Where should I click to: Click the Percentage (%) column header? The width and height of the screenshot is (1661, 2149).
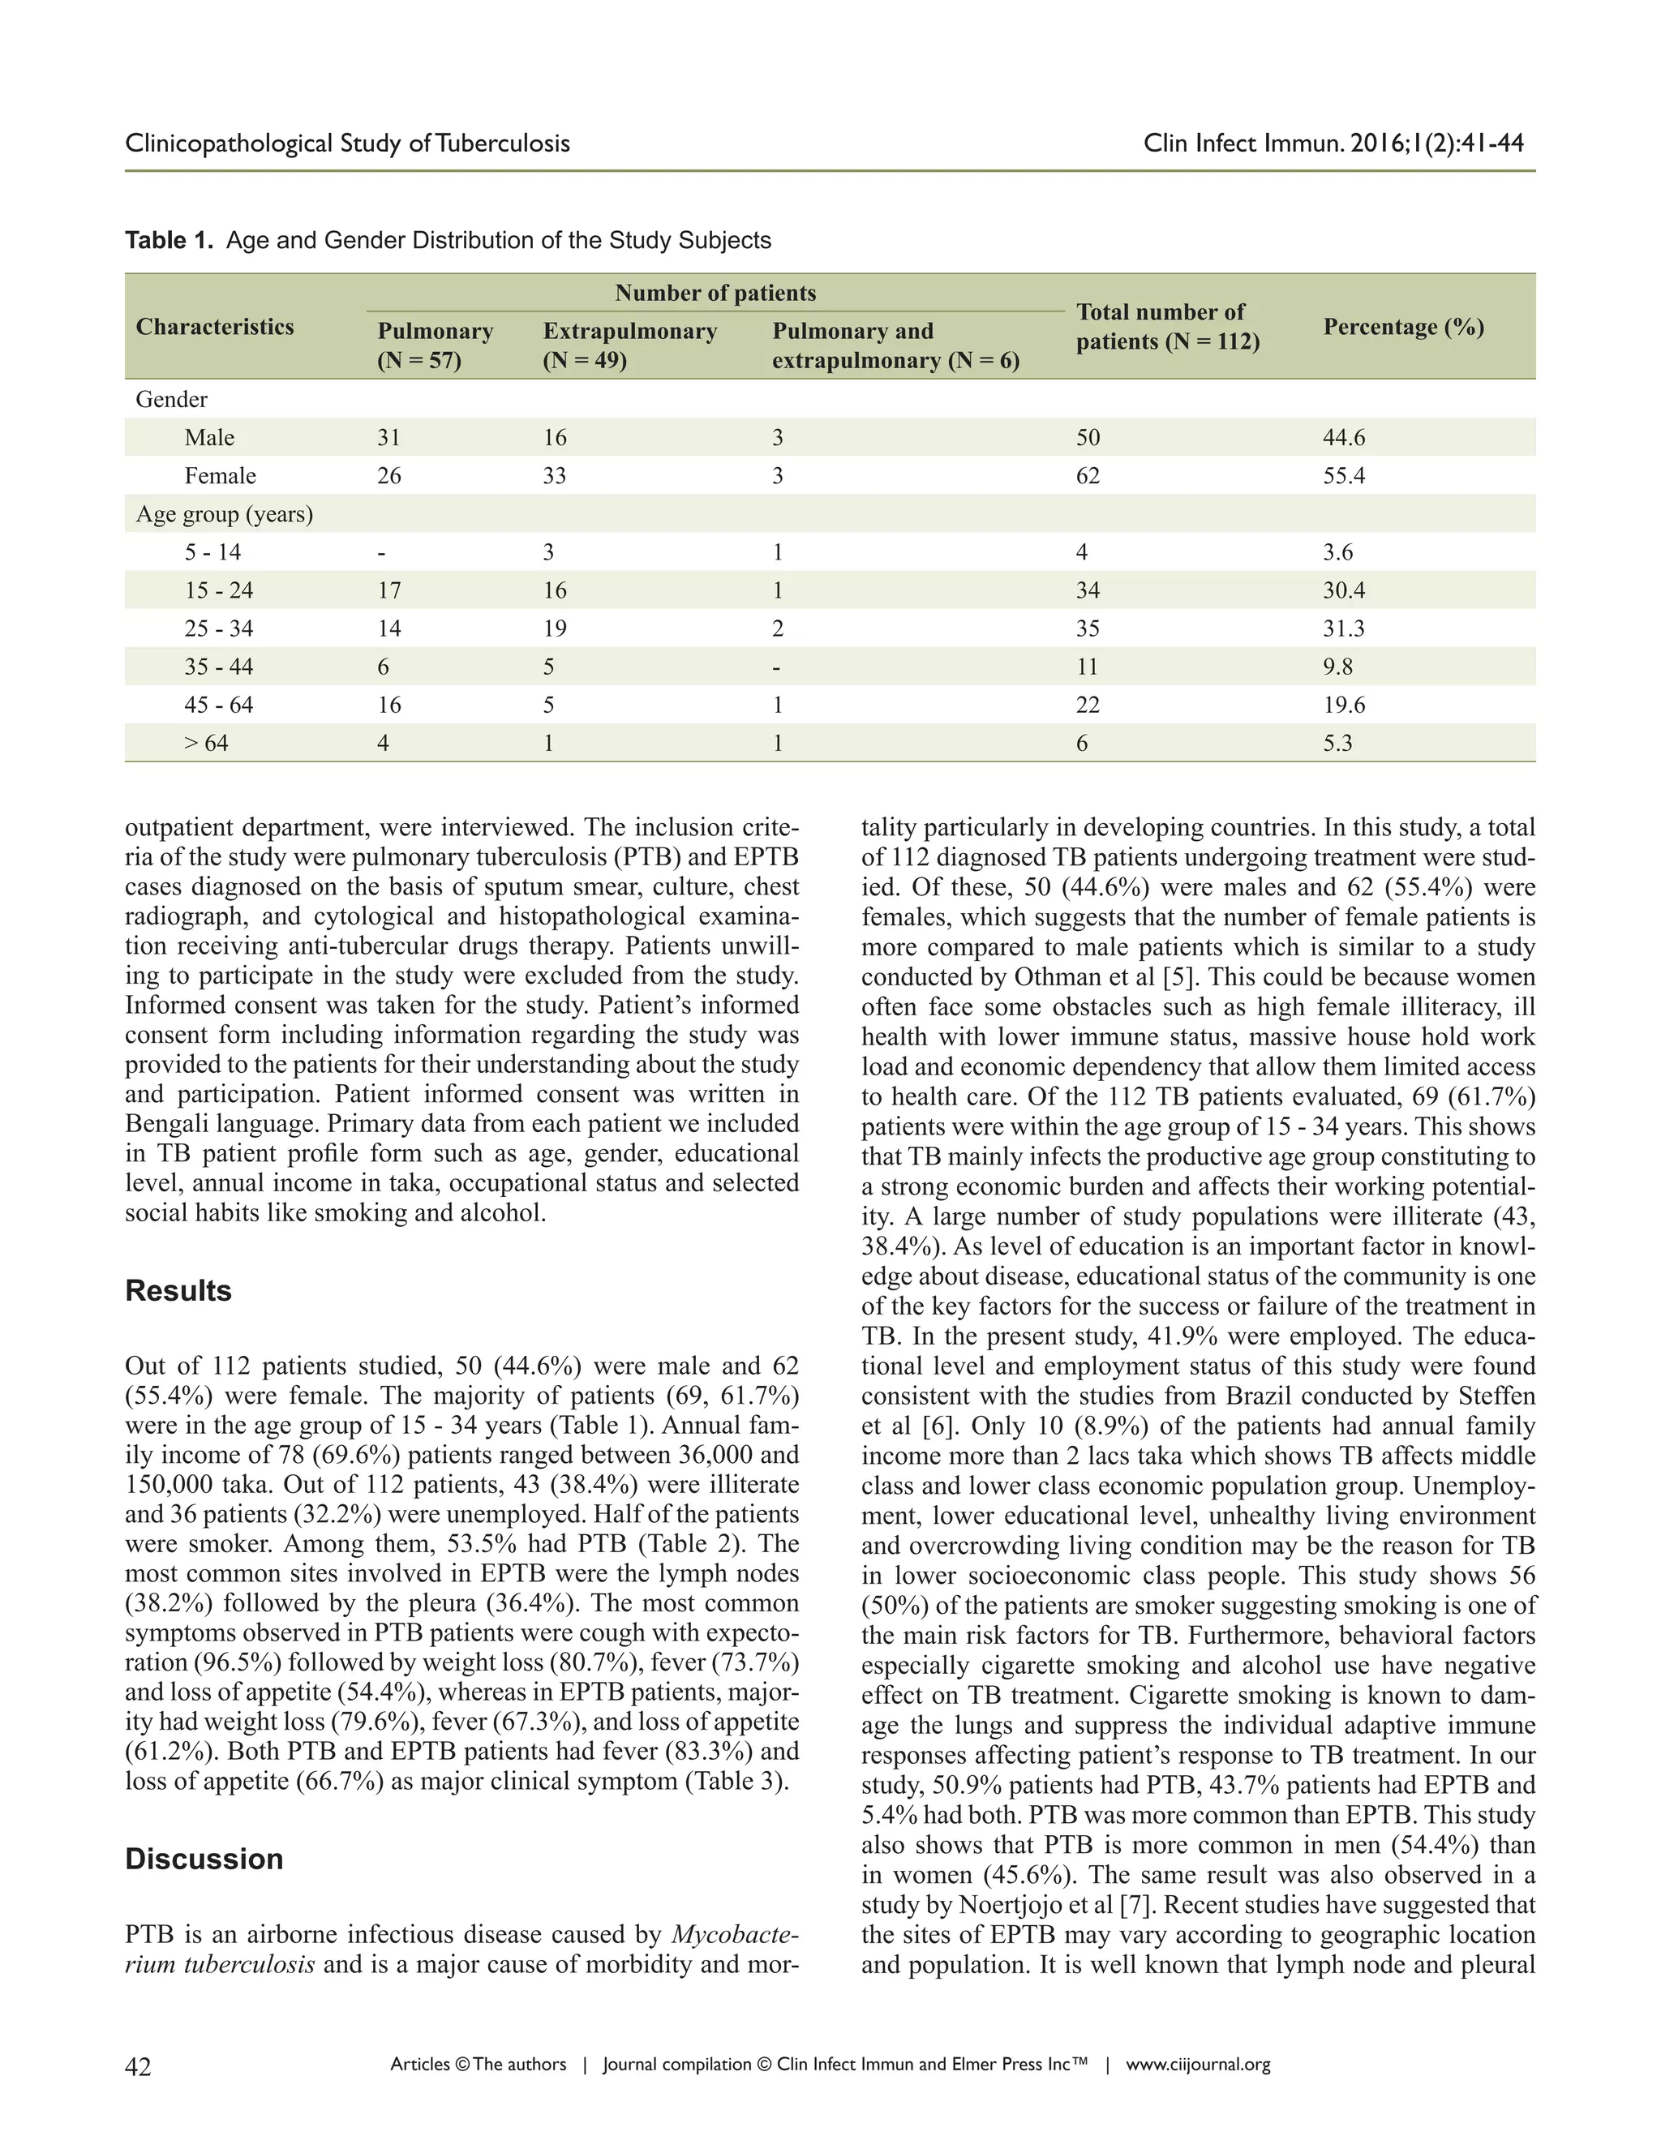pyautogui.click(x=1403, y=327)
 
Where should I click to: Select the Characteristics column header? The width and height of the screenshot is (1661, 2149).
pyautogui.click(x=214, y=327)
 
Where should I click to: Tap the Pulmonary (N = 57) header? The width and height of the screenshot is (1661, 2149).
pyautogui.click(x=435, y=345)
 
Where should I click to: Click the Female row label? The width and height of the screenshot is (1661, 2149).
pyautogui.click(x=221, y=476)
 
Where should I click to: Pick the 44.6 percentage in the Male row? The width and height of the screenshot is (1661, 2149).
pyautogui.click(x=1343, y=438)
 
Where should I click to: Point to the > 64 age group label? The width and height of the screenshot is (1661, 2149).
pyautogui.click(x=207, y=744)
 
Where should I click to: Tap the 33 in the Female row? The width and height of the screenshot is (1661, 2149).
pyautogui.click(x=554, y=476)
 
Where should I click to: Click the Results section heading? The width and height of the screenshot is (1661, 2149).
pyautogui.click(x=178, y=1291)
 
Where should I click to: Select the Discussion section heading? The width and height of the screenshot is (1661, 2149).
pyautogui.click(x=204, y=1859)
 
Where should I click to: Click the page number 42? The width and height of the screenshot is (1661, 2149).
pyautogui.click(x=139, y=2066)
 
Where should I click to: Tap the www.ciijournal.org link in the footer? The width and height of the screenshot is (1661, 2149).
pyautogui.click(x=1198, y=2065)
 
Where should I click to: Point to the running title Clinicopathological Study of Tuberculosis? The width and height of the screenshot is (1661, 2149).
pyautogui.click(x=347, y=144)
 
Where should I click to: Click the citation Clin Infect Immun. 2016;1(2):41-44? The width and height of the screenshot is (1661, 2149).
pyautogui.click(x=1333, y=144)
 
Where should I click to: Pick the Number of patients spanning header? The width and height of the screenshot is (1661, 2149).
pyautogui.click(x=715, y=294)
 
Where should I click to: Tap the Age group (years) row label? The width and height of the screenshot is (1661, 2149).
pyautogui.click(x=225, y=515)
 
